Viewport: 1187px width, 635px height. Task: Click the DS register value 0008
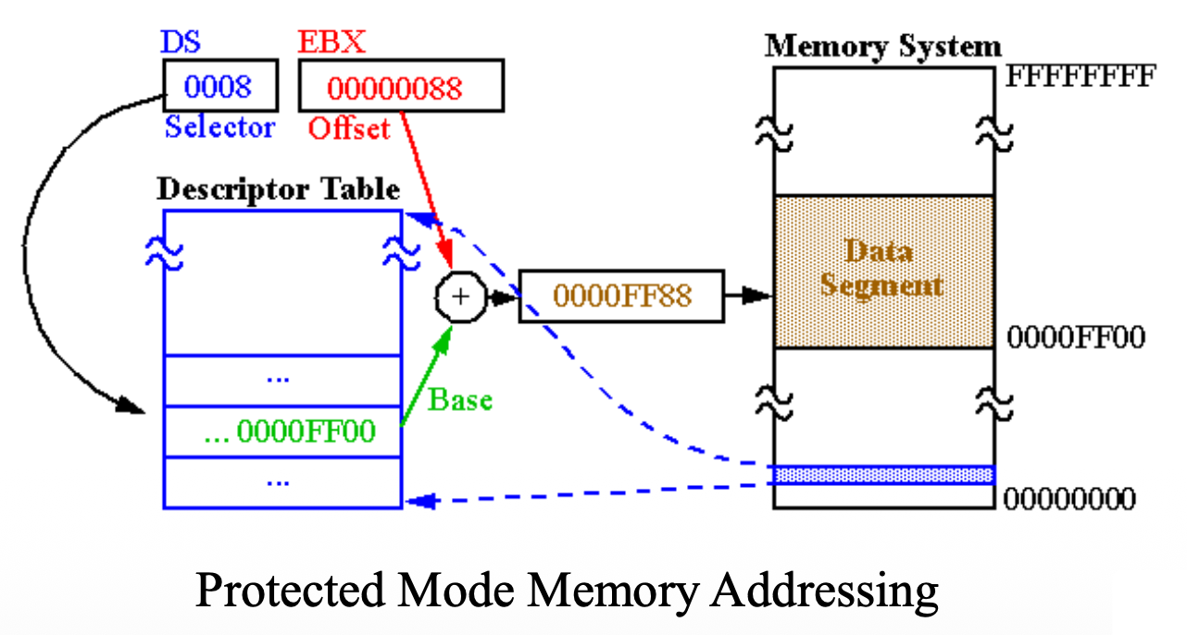point(219,87)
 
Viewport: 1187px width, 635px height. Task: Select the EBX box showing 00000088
point(400,87)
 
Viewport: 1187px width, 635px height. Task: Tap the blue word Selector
point(219,127)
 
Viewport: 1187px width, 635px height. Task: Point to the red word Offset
point(349,129)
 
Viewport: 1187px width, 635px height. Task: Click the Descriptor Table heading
point(278,189)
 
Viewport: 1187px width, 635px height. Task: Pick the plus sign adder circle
point(459,296)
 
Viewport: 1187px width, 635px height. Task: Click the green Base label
point(459,400)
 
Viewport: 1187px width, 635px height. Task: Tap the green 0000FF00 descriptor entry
point(289,430)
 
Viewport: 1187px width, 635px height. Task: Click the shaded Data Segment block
point(883,270)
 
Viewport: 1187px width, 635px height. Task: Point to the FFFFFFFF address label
point(1081,76)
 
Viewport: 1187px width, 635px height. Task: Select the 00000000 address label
point(1069,500)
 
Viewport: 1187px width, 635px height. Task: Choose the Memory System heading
point(882,45)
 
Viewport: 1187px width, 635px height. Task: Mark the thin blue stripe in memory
point(883,475)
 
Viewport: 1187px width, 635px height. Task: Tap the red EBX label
point(331,43)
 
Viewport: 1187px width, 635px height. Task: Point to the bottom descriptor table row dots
point(278,481)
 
